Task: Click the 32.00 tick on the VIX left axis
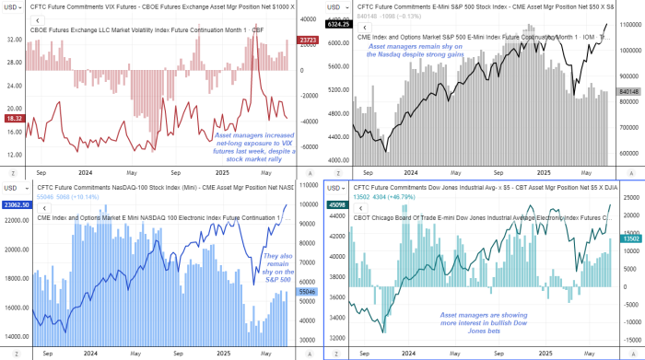pyautogui.click(x=15, y=41)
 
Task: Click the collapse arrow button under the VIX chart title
pyautogui.click(x=37, y=21)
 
